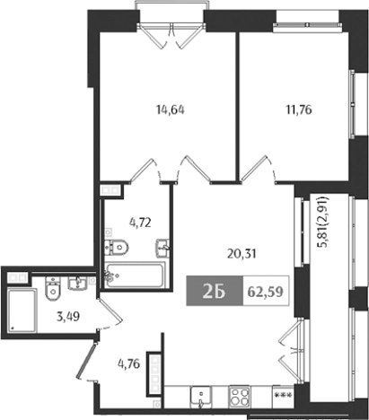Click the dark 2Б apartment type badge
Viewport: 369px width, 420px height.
(x=204, y=292)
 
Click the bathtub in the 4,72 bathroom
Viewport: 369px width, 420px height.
(x=134, y=274)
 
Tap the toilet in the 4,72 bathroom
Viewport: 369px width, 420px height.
(x=117, y=246)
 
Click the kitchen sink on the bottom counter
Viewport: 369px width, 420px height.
(x=201, y=396)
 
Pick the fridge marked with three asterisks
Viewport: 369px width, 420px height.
(x=281, y=396)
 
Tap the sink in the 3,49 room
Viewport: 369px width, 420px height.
(x=78, y=284)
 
